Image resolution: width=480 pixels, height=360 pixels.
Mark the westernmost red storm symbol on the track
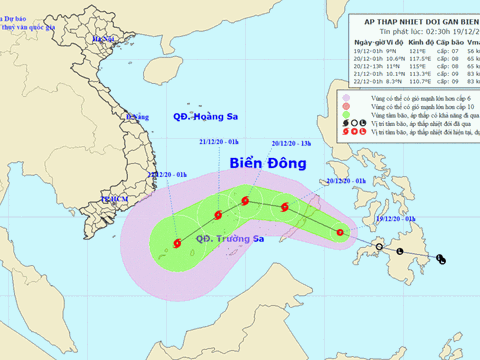point(177,241)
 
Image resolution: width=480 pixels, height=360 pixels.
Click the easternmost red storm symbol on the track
point(342,233)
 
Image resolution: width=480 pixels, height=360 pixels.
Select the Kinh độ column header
point(402,42)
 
